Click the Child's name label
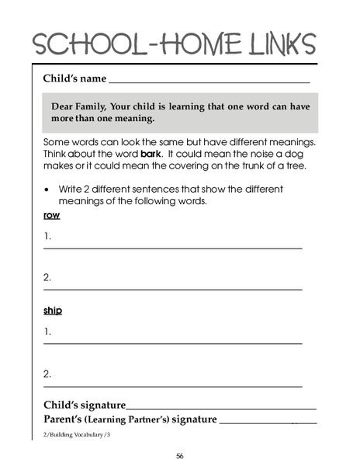(74, 78)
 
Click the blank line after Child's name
(209, 82)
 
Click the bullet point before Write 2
(49, 189)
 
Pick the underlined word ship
(53, 311)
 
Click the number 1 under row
(47, 235)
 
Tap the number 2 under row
(47, 277)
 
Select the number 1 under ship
(47, 331)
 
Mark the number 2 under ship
(47, 374)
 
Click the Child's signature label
(85, 405)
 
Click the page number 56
(179, 455)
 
